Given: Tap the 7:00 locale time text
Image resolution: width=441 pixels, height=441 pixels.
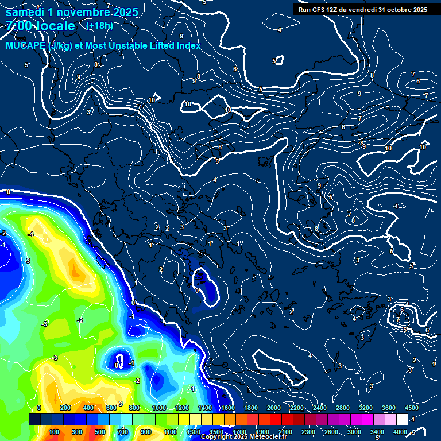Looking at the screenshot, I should (40, 26).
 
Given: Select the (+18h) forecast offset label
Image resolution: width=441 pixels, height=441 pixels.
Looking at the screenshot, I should (99, 26).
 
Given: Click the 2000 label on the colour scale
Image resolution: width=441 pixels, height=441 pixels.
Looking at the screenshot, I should (274, 408).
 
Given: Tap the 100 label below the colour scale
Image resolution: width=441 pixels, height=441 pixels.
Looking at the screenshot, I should (55, 432).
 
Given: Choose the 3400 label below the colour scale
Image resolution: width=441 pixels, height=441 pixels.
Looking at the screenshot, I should (377, 432).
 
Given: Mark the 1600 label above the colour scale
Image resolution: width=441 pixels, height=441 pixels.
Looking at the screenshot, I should (227, 408).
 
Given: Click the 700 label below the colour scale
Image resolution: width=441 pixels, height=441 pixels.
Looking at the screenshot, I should (123, 432).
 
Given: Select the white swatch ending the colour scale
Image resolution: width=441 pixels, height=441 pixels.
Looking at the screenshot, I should (402, 420).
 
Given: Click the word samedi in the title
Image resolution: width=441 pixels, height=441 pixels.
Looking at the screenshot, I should (25, 11).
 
